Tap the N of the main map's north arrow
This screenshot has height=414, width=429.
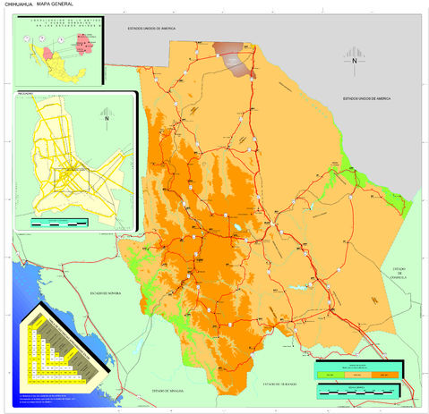pos(354,61)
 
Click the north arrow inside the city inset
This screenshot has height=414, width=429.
pos(107,115)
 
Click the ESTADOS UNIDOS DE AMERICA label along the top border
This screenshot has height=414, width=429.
pos(163,29)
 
